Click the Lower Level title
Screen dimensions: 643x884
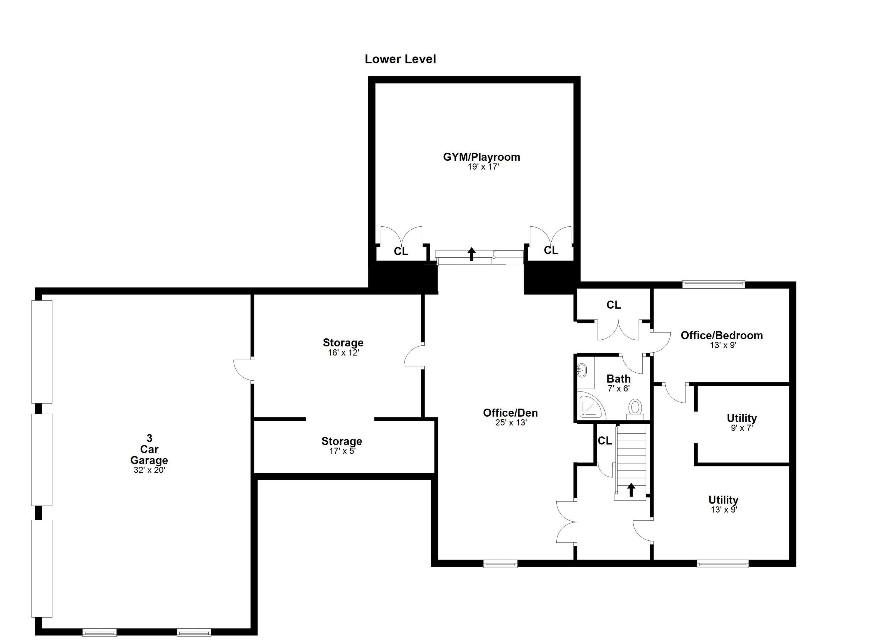(400, 59)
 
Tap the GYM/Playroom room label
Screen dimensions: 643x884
(481, 157)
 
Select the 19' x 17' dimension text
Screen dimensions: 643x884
(483, 167)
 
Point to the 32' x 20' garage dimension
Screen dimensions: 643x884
(149, 470)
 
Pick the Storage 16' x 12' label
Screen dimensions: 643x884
(343, 343)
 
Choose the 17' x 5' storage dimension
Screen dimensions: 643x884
(342, 451)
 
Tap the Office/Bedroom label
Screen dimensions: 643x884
(721, 335)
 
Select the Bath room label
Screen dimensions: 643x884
(619, 379)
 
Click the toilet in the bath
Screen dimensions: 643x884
(635, 408)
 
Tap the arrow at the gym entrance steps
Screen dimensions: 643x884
(472, 254)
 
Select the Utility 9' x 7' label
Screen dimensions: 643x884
(742, 418)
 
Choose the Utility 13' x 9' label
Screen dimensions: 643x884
(723, 500)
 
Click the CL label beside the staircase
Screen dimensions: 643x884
(605, 441)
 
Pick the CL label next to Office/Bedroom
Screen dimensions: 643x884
(613, 305)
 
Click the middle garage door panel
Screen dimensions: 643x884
(42, 460)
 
